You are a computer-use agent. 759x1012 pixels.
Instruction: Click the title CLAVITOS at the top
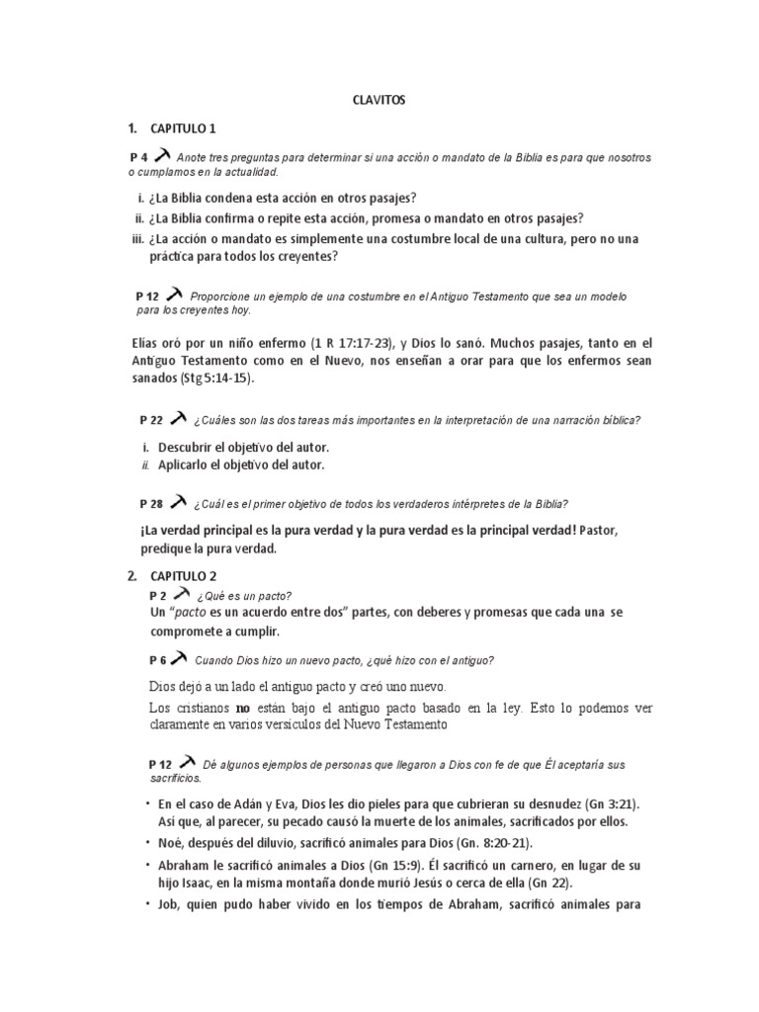point(379,100)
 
